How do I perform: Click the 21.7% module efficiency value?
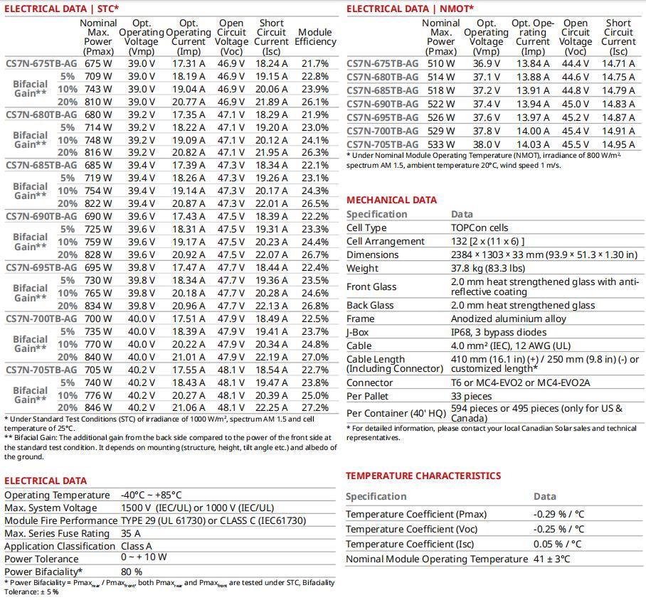click(314, 63)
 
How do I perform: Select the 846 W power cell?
click(97, 408)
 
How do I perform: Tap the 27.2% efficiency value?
click(314, 408)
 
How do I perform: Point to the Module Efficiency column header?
click(314, 37)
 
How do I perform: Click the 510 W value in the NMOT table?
click(440, 63)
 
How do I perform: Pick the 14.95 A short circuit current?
click(618, 144)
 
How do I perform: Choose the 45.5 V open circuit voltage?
click(575, 144)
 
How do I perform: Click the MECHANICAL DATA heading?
click(391, 200)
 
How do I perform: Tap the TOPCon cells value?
click(480, 227)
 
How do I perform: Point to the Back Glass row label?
click(370, 305)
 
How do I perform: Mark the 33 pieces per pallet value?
click(471, 396)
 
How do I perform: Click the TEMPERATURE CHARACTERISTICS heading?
click(423, 476)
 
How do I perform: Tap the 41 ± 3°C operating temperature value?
click(551, 559)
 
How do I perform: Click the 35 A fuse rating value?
click(131, 533)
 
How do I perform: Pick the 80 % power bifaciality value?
click(132, 571)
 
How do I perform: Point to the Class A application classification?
click(137, 546)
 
